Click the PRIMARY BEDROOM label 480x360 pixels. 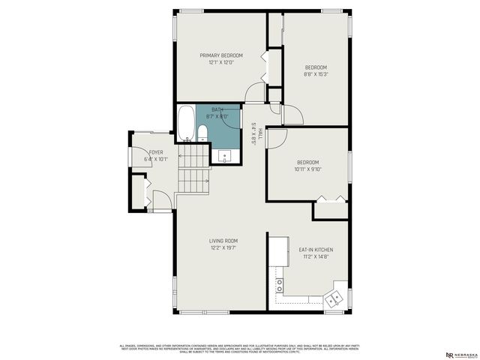[220, 55]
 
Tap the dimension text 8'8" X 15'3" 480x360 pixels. [316, 74]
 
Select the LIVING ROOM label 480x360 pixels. [224, 241]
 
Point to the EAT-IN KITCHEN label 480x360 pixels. [316, 250]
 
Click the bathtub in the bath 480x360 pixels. [186, 124]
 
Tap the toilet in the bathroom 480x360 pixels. [202, 133]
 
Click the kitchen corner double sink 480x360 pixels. [335, 298]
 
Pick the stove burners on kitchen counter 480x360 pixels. [280, 285]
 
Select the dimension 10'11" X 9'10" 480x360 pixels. [307, 169]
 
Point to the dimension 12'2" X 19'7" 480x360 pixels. [224, 247]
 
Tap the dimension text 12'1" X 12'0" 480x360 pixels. [221, 62]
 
